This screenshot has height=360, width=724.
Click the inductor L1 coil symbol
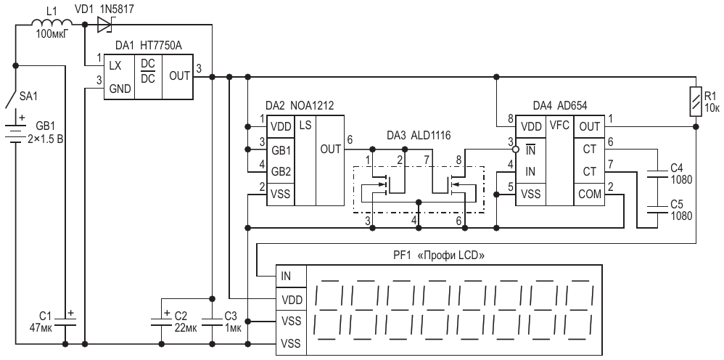(52, 22)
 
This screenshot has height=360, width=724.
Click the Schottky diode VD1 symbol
(105, 25)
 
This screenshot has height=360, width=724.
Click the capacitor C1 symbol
(65, 321)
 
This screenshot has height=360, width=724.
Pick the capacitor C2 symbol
(162, 321)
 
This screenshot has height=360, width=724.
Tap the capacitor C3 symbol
(212, 321)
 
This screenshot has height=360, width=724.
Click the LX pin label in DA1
(115, 66)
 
